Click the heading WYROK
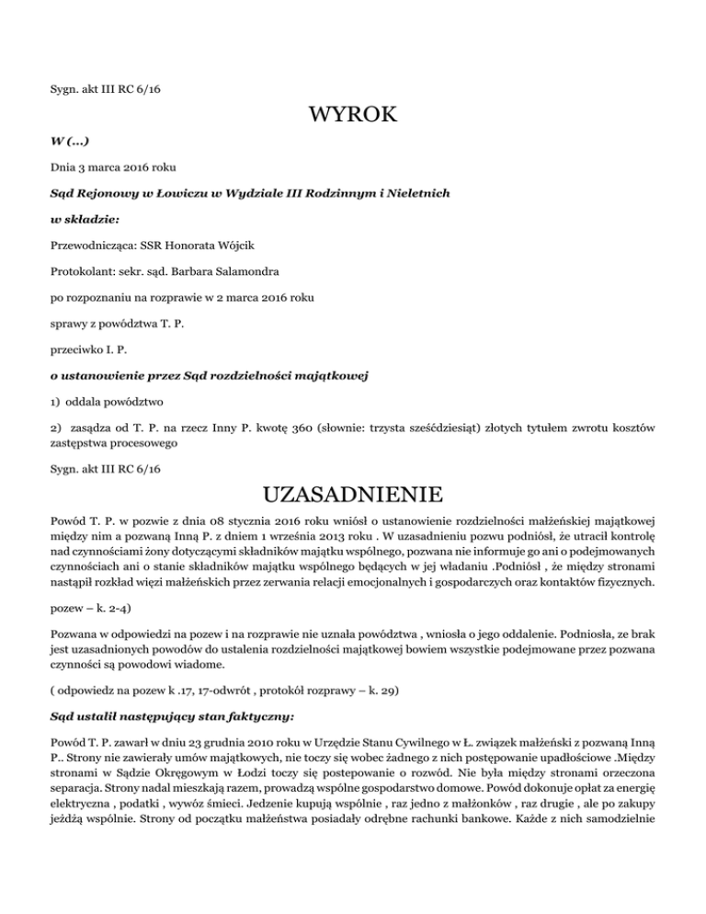point(353,115)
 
